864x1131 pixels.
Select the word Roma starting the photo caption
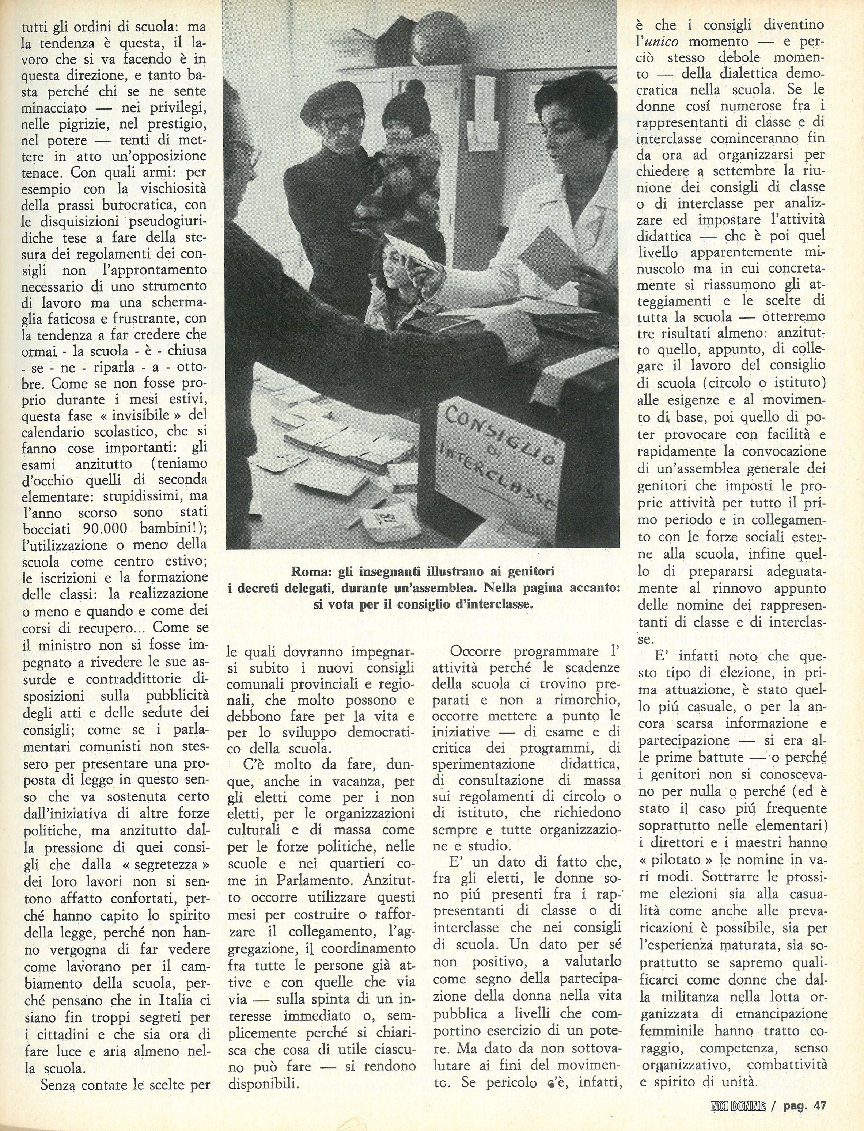coord(307,572)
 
